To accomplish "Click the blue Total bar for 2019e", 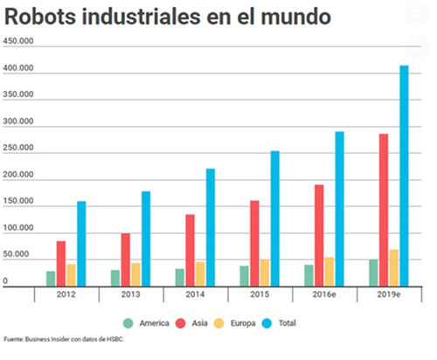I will pyautogui.click(x=404, y=175).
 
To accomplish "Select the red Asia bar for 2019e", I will pyautogui.click(x=384, y=209).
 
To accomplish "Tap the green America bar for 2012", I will pyautogui.click(x=51, y=278).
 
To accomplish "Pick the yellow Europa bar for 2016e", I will pyautogui.click(x=329, y=271).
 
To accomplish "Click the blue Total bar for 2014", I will pyautogui.click(x=210, y=226).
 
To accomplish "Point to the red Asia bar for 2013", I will pyautogui.click(x=126, y=259).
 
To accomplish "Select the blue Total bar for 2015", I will pyautogui.click(x=274, y=218).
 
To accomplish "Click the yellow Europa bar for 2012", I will pyautogui.click(x=71, y=274).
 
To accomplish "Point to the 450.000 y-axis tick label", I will pyautogui.click(x=18, y=42).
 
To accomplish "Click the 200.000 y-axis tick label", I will pyautogui.click(x=18, y=176).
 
